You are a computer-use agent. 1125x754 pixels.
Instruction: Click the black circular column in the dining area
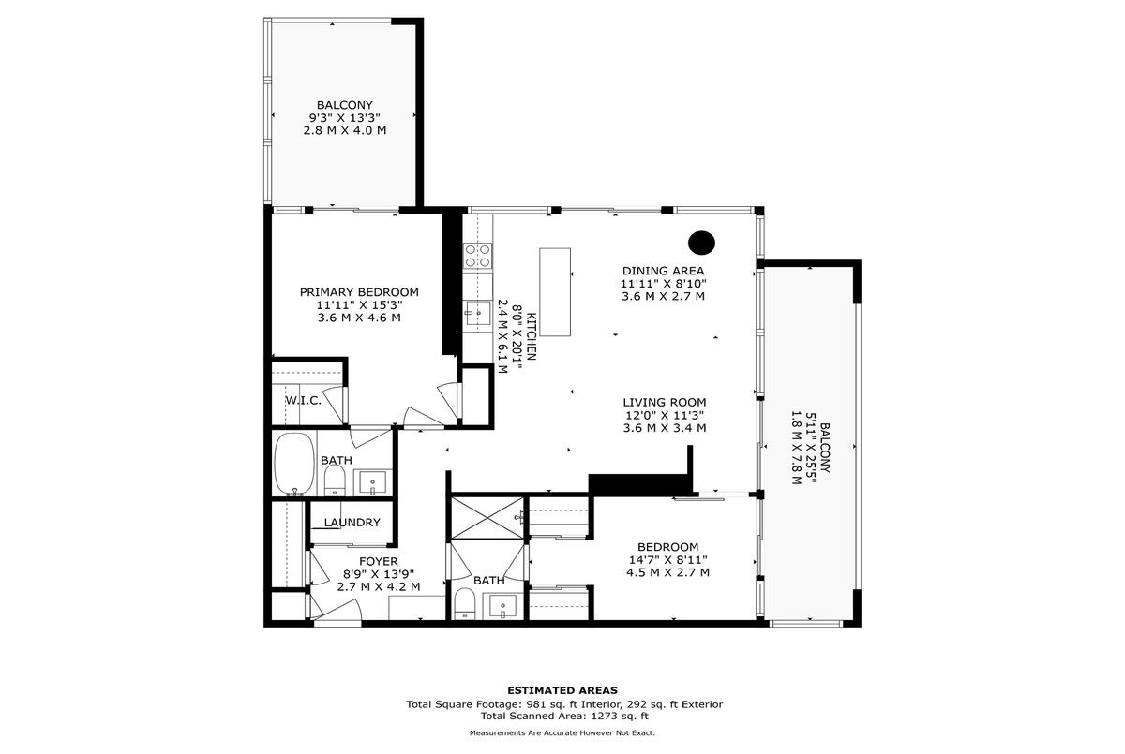[701, 243]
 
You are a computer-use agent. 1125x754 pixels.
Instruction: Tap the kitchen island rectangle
[555, 291]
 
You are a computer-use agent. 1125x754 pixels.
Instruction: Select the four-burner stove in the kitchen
[477, 256]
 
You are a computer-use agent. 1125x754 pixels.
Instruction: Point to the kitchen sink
[477, 314]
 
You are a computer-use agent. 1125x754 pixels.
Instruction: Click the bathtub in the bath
[294, 464]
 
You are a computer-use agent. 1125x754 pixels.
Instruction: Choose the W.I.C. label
[304, 400]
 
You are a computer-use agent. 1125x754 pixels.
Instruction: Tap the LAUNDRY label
[352, 523]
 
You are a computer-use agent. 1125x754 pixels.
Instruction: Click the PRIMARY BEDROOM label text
[359, 292]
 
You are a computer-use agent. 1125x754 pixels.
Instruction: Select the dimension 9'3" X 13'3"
[345, 118]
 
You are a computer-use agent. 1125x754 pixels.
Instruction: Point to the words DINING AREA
[664, 271]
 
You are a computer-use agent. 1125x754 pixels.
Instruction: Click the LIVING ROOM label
[665, 403]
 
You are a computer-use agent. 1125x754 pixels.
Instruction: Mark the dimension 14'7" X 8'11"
[667, 560]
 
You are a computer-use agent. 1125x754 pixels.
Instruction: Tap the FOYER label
[378, 561]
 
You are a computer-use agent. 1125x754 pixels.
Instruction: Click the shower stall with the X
[487, 518]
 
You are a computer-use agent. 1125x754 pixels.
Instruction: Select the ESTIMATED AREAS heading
[562, 690]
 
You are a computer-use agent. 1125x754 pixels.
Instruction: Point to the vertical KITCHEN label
[532, 336]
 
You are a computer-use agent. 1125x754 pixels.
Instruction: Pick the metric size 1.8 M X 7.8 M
[796, 448]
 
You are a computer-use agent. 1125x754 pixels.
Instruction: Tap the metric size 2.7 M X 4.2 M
[379, 587]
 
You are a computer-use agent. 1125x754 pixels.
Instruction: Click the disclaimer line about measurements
[562, 733]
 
